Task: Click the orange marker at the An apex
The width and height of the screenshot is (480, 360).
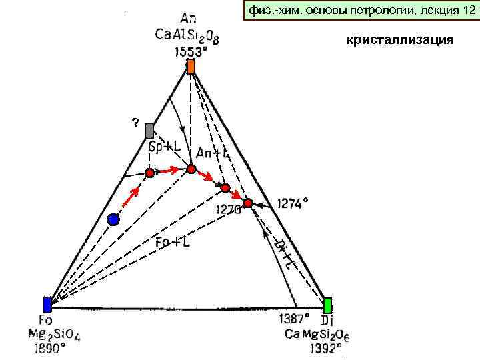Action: pyautogui.click(x=191, y=67)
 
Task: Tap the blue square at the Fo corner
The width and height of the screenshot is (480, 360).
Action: pyautogui.click(x=47, y=305)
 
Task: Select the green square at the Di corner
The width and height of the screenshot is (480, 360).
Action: pyautogui.click(x=327, y=305)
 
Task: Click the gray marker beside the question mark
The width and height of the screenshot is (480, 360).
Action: pyautogui.click(x=149, y=131)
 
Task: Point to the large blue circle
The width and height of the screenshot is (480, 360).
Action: pyautogui.click(x=113, y=220)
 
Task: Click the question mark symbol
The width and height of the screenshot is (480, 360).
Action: pyautogui.click(x=135, y=123)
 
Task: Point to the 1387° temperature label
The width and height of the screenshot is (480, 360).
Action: pyautogui.click(x=293, y=319)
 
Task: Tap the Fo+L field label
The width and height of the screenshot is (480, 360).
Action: pyautogui.click(x=173, y=242)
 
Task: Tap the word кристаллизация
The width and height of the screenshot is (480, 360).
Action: pyautogui.click(x=399, y=41)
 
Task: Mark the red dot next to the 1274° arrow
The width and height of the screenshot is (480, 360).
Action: pyautogui.click(x=248, y=203)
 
